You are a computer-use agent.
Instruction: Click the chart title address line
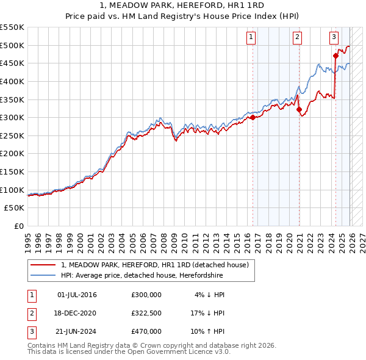182,5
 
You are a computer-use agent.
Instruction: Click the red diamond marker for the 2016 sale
253,117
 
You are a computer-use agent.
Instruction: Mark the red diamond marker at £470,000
335,56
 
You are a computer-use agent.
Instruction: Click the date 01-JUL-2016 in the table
76,295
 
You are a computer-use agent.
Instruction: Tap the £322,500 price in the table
146,313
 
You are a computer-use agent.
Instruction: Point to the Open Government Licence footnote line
129,352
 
